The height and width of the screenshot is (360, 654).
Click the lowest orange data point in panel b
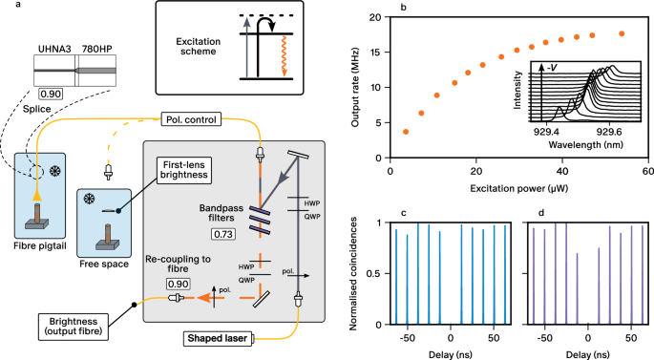coord(406,131)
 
